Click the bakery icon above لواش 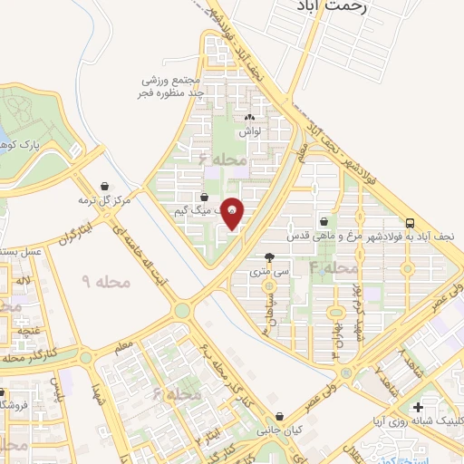(250, 117)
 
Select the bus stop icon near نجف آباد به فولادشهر (411, 222)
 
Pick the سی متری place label (268, 271)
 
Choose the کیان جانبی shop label (282, 430)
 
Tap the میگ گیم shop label (198, 209)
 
